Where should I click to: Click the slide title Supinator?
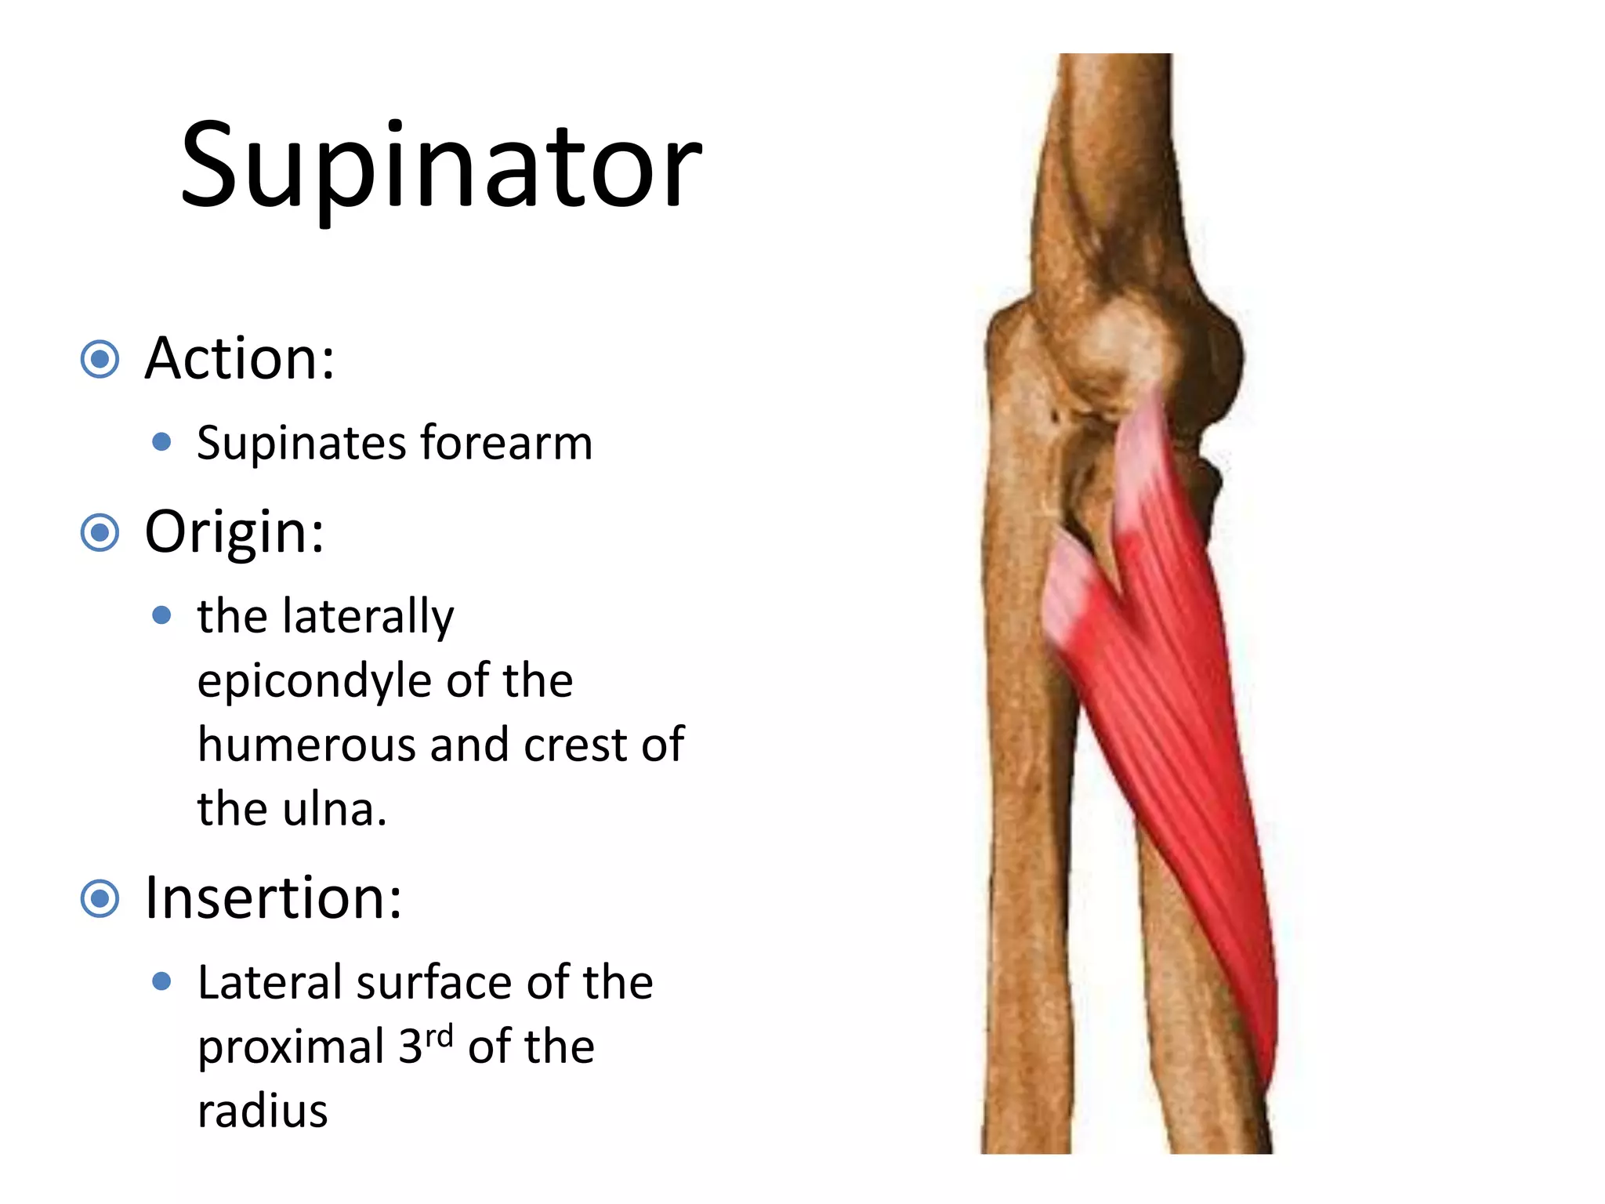[440, 166]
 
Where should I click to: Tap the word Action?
[239, 359]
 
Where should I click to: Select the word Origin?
[234, 533]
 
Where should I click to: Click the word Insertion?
[273, 898]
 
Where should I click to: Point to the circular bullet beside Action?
[100, 360]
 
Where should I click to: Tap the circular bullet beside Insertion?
[100, 899]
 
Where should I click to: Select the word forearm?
[506, 442]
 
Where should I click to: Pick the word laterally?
[368, 617]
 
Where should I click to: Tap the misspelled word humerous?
[306, 745]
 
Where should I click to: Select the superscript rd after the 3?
[439, 1036]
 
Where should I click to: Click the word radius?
[263, 1112]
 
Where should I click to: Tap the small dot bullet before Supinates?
[162, 443]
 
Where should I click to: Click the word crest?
[575, 745]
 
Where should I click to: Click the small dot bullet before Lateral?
[162, 981]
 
